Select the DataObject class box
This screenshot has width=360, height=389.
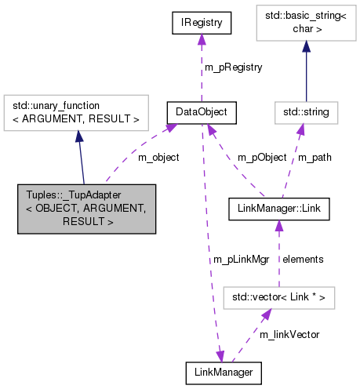point(202,113)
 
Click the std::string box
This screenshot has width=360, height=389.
point(307,113)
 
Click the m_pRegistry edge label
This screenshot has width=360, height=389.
point(233,67)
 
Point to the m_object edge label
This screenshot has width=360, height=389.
point(158,158)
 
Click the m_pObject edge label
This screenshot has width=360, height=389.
point(261,158)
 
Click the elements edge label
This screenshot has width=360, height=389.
point(302,258)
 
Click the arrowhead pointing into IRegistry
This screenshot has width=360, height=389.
point(202,41)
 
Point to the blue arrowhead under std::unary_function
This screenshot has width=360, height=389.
point(78,136)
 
